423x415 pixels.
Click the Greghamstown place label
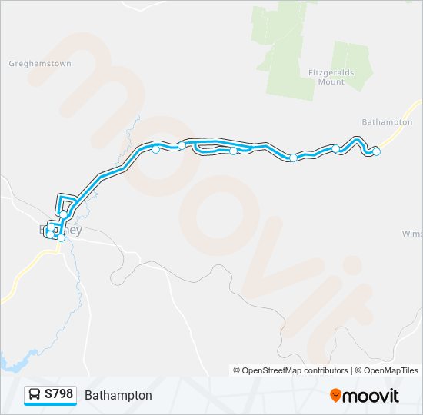point(40,63)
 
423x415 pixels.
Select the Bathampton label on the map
point(387,121)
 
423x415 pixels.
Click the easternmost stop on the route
point(376,151)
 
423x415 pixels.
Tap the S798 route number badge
point(59,394)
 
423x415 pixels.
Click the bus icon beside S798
point(35,395)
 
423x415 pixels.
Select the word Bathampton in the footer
point(118,395)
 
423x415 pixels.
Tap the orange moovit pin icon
point(335,396)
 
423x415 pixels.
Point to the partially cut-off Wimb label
point(412,233)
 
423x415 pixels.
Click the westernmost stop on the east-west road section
point(155,149)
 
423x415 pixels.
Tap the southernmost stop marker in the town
point(61,238)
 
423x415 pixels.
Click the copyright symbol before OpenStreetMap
point(237,370)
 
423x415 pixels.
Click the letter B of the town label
point(42,230)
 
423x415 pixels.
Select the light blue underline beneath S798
point(50,404)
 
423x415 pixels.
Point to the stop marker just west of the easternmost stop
point(336,148)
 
